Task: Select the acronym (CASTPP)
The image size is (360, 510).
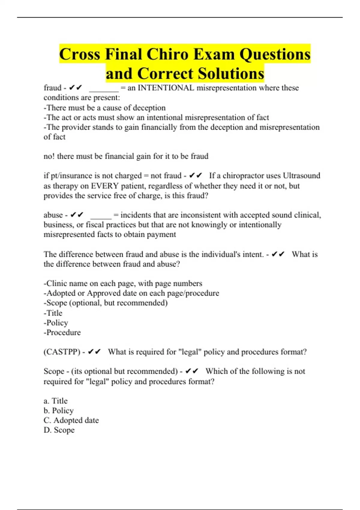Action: coord(62,352)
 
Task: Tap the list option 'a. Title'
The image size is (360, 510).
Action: coord(55,401)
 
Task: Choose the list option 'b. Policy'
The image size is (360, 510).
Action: coord(58,410)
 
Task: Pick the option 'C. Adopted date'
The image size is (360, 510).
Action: coord(71,420)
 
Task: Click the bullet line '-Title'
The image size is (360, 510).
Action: coord(53,313)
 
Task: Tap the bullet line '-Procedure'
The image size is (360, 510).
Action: coord(62,332)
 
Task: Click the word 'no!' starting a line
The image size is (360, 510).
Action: coord(49,156)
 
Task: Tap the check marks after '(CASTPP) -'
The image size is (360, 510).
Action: coord(94,352)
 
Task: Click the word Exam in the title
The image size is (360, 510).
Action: coord(214,54)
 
